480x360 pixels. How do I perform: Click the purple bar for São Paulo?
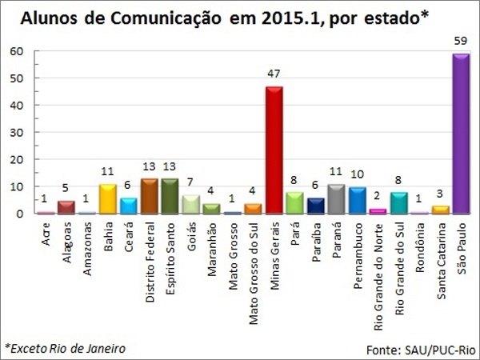click(x=460, y=134)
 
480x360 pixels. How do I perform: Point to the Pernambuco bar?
click(x=357, y=200)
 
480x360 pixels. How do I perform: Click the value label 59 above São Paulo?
click(x=460, y=40)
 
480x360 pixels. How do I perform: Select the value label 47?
click(x=274, y=73)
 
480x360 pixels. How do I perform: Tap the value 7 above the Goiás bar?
click(x=191, y=182)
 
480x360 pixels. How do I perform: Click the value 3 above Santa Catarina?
click(x=440, y=193)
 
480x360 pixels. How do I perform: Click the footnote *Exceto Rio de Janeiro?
click(x=66, y=348)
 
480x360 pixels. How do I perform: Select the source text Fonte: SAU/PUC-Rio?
click(x=422, y=350)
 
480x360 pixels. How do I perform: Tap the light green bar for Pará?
click(x=294, y=202)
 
